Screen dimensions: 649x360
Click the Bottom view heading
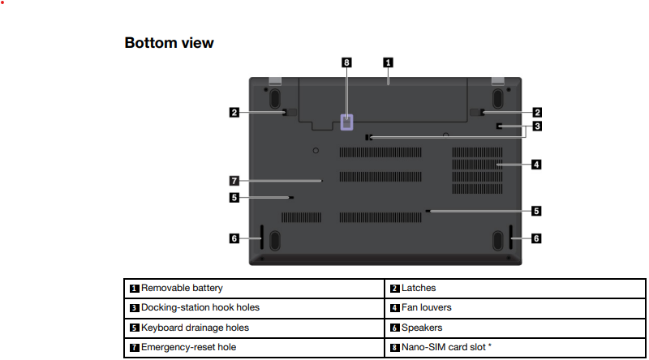pos(169,43)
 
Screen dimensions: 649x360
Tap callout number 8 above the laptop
pos(346,62)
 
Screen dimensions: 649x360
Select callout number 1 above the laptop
pos(388,62)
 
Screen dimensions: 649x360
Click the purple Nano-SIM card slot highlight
pos(346,122)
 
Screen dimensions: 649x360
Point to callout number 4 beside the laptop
pos(536,165)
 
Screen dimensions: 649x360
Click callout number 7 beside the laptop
pos(234,181)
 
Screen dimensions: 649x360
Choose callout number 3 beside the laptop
pos(537,126)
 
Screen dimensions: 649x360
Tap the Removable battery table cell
pos(254,289)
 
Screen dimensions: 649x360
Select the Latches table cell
pos(515,289)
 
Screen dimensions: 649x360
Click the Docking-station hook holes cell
pos(254,308)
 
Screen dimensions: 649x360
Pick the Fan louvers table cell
pos(515,308)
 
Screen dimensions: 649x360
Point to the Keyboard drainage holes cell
pos(254,328)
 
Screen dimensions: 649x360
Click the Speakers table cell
pos(515,328)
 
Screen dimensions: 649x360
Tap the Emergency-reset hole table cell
pos(254,348)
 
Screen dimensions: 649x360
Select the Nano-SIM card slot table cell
pos(515,348)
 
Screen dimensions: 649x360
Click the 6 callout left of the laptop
pos(234,238)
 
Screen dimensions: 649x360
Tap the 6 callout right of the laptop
pos(536,238)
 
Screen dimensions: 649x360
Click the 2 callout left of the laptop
pos(234,112)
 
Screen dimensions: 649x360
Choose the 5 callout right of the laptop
pos(536,211)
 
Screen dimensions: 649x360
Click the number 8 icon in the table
pos(395,348)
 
